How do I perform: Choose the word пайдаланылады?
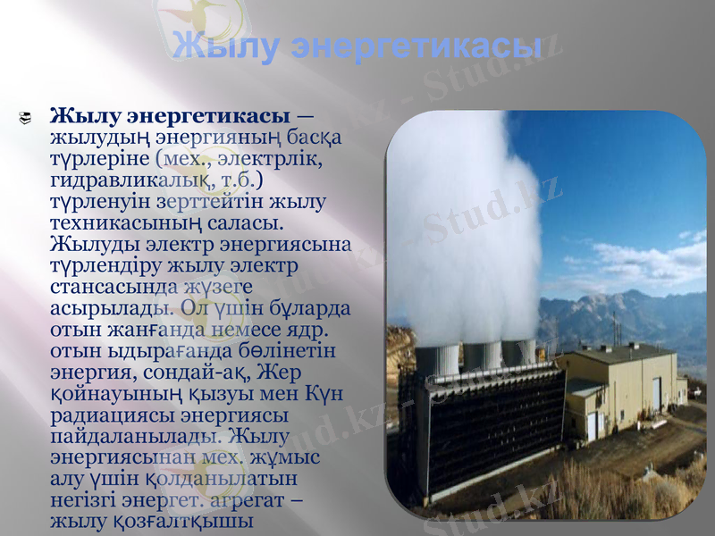point(136,437)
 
